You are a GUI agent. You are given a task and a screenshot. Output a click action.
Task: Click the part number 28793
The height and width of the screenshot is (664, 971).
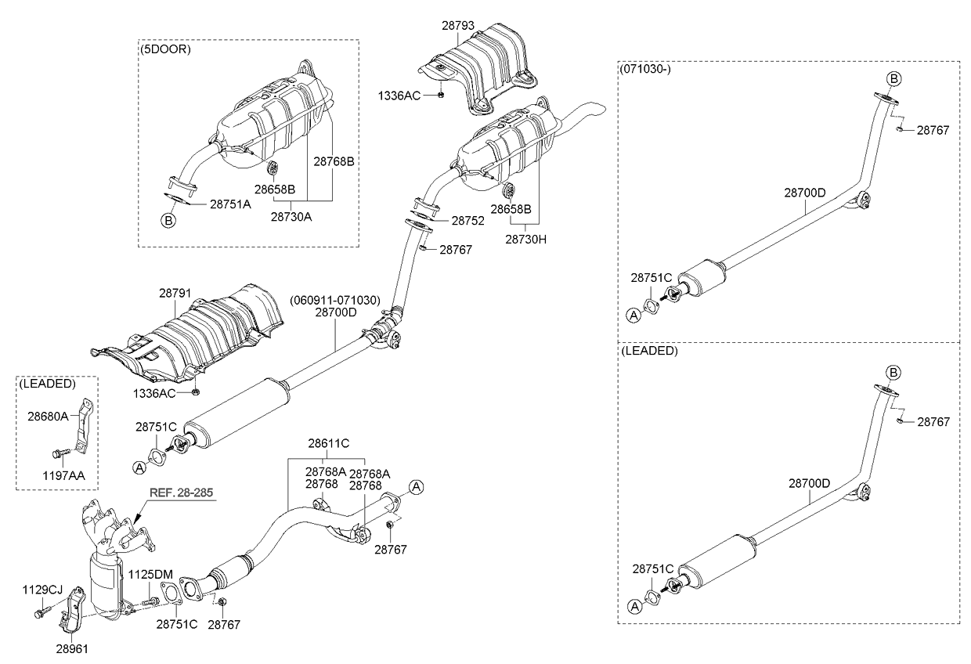(458, 26)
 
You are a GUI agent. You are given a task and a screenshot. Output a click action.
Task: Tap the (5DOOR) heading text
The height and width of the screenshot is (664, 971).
(165, 49)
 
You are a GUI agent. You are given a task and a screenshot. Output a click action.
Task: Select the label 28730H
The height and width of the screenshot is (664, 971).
(525, 240)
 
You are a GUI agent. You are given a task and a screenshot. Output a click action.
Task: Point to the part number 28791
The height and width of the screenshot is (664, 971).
(175, 294)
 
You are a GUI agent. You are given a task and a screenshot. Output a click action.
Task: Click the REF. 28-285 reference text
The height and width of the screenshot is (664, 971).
(181, 493)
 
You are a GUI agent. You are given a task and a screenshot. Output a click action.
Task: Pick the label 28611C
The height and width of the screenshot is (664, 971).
(329, 443)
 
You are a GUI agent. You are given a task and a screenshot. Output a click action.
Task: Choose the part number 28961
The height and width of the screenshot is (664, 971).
(72, 649)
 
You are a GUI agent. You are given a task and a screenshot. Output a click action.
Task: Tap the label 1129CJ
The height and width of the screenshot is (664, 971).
(42, 590)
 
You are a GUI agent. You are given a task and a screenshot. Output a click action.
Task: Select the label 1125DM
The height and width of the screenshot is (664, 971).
(150, 575)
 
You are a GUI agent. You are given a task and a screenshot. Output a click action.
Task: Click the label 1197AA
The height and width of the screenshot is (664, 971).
(63, 476)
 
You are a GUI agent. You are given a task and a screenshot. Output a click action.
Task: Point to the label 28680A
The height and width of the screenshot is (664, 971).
(48, 417)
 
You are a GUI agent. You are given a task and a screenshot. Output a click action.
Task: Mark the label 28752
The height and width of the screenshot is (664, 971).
(467, 221)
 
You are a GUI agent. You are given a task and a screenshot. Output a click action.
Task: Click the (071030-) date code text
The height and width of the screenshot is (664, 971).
(645, 70)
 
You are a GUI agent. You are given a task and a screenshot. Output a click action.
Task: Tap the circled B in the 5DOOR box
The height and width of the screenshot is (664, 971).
(168, 221)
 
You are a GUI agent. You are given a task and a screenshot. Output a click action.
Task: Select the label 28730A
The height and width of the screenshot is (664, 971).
(291, 217)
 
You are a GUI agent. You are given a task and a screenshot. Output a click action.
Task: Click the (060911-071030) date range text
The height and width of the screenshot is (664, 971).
(335, 300)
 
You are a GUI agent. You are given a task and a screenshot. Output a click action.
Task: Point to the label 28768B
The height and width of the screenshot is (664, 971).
(334, 161)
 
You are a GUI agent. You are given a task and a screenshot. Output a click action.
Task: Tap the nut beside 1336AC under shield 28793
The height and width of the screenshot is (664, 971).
(441, 96)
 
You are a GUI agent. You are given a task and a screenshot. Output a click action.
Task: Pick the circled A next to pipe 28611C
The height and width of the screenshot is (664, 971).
(416, 487)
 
